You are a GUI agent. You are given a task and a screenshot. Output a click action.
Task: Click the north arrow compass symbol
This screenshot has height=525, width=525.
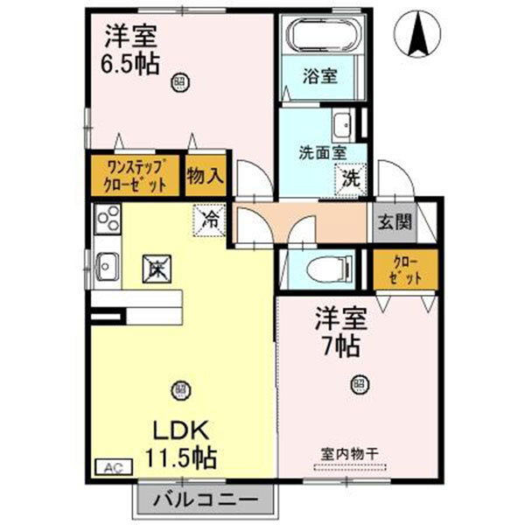point(416,35)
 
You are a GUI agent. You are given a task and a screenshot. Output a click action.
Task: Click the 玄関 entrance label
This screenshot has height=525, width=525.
point(395,222)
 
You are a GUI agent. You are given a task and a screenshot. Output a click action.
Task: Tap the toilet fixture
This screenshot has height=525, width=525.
point(321,267)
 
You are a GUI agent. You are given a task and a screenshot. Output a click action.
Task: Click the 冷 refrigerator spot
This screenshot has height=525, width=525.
point(211,219)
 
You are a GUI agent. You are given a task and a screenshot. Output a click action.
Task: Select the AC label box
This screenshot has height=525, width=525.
point(112,469)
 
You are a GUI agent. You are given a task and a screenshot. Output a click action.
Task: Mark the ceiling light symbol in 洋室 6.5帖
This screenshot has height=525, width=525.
point(178,84)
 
